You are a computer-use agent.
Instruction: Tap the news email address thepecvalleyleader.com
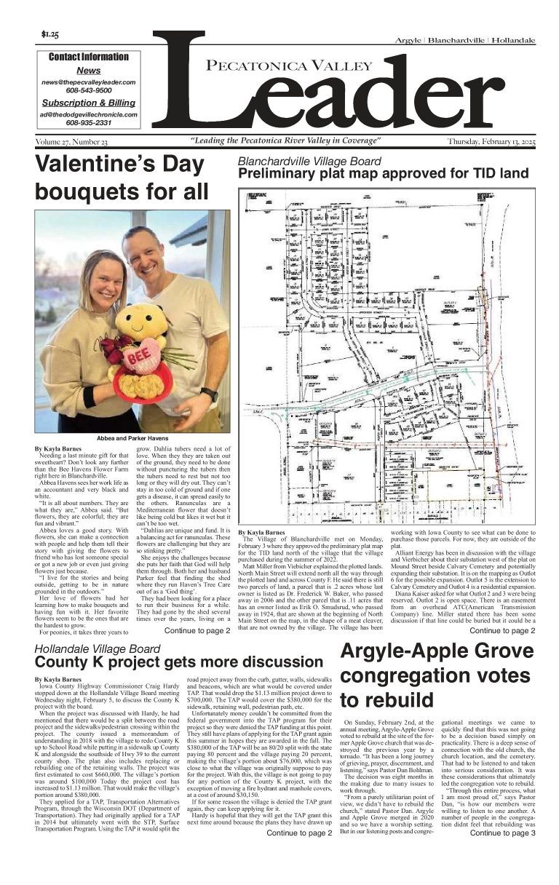[x=88, y=83]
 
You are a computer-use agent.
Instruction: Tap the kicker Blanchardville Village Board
[x=309, y=161]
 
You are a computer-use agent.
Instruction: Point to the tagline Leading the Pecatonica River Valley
[x=285, y=140]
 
